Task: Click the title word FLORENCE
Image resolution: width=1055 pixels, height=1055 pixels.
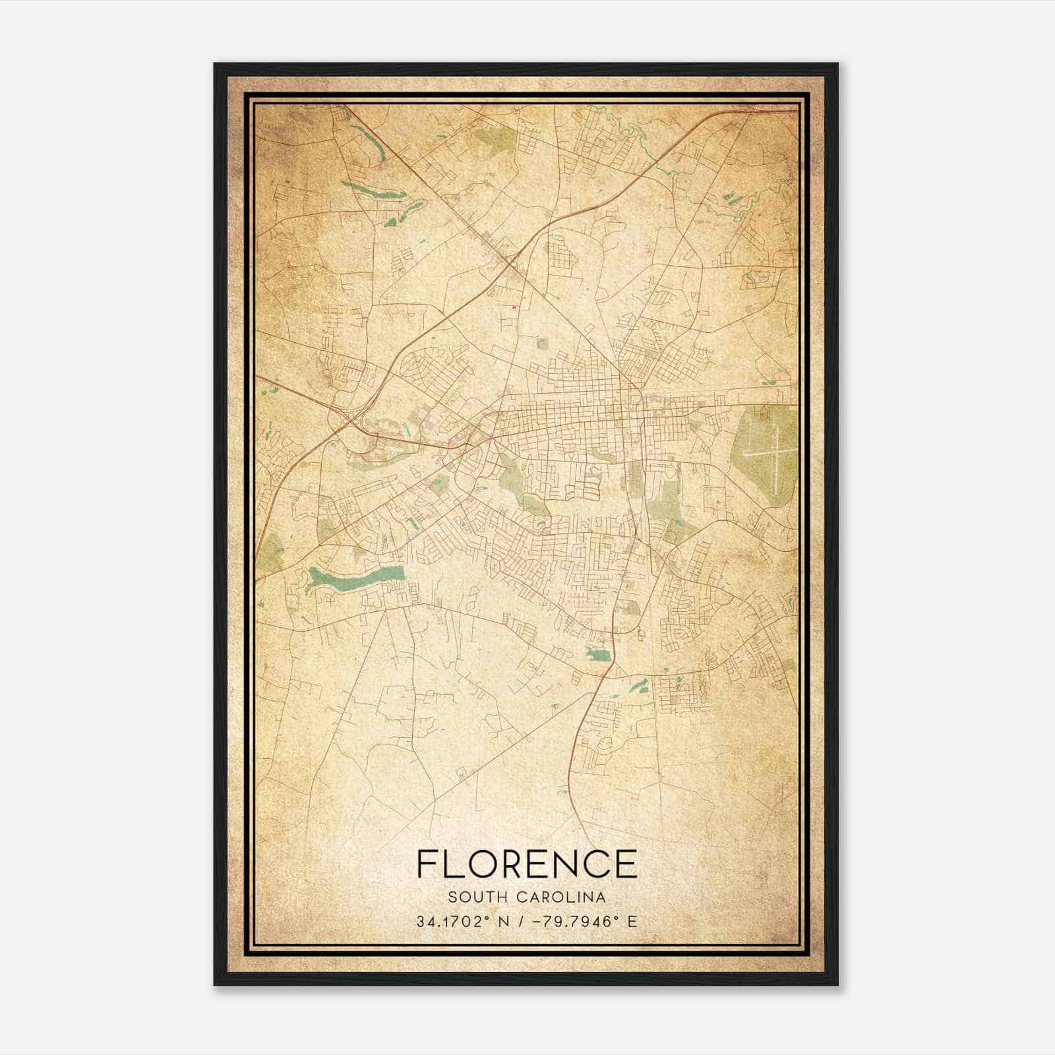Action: point(527,864)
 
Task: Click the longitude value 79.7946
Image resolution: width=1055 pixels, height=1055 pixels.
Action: point(578,922)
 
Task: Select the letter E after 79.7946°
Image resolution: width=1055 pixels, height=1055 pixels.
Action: point(632,922)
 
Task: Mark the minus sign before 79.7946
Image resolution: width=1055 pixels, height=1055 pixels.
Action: point(543,922)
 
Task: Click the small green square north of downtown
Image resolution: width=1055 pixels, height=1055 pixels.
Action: point(542,343)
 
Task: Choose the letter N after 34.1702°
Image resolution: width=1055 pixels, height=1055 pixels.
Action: point(504,922)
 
